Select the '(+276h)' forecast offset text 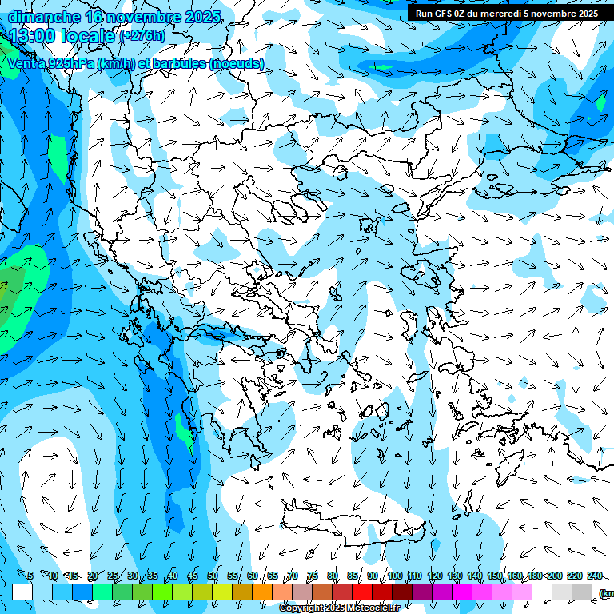coord(142,36)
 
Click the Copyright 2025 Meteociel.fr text coord(339,608)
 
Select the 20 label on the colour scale coord(92,576)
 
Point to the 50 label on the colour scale coord(212,576)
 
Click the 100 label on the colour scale coord(395,576)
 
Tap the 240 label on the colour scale coord(595,576)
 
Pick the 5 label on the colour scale coord(30,576)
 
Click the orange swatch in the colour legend coord(262,592)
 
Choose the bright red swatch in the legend coord(362,592)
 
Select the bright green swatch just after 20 coord(102,592)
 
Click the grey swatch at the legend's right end coord(582,592)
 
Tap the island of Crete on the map coord(352,524)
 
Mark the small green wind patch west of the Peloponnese coord(185,436)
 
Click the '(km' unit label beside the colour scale coord(605,592)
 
